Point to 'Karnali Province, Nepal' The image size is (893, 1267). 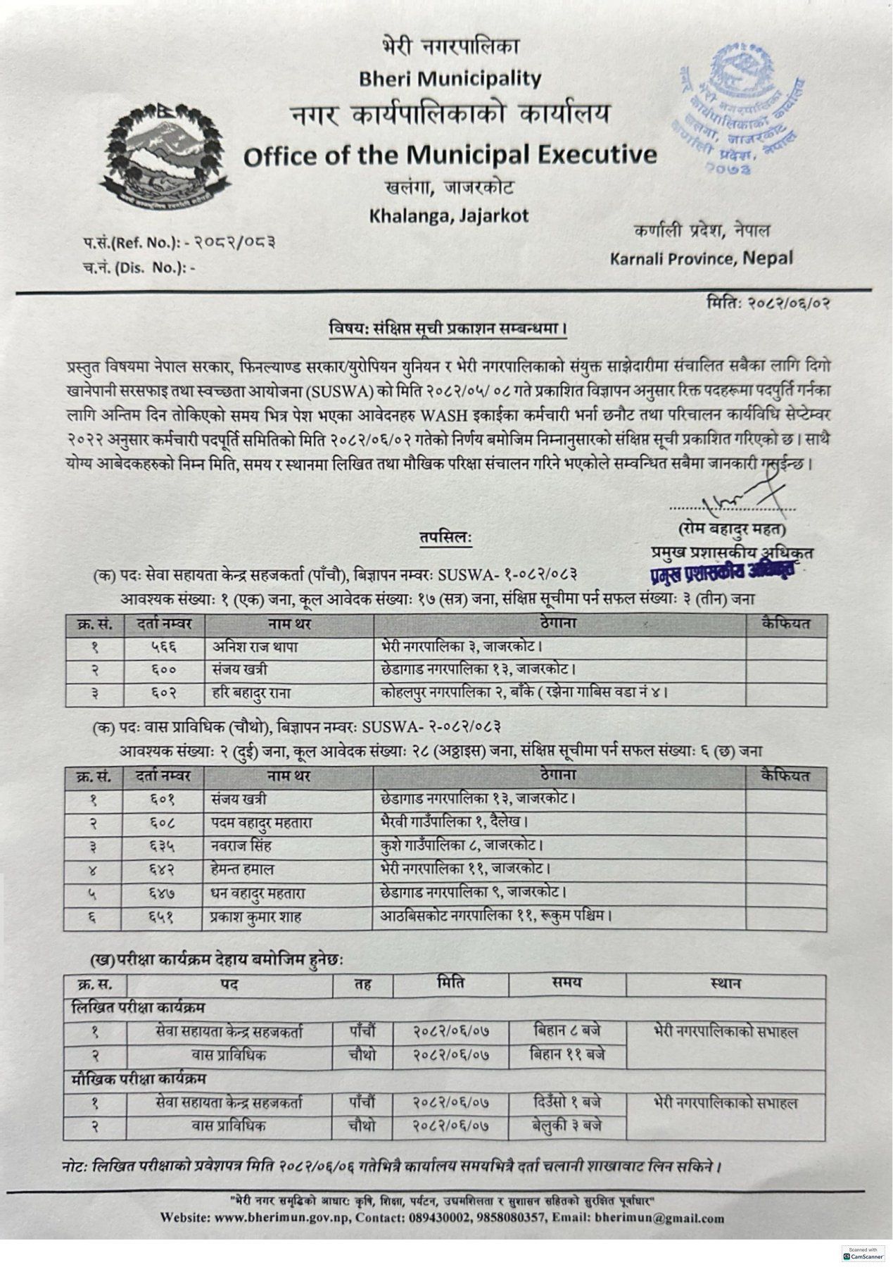coord(701,258)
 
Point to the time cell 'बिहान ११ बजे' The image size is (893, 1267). coord(567,1054)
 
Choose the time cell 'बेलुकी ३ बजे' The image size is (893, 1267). coord(567,1126)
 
